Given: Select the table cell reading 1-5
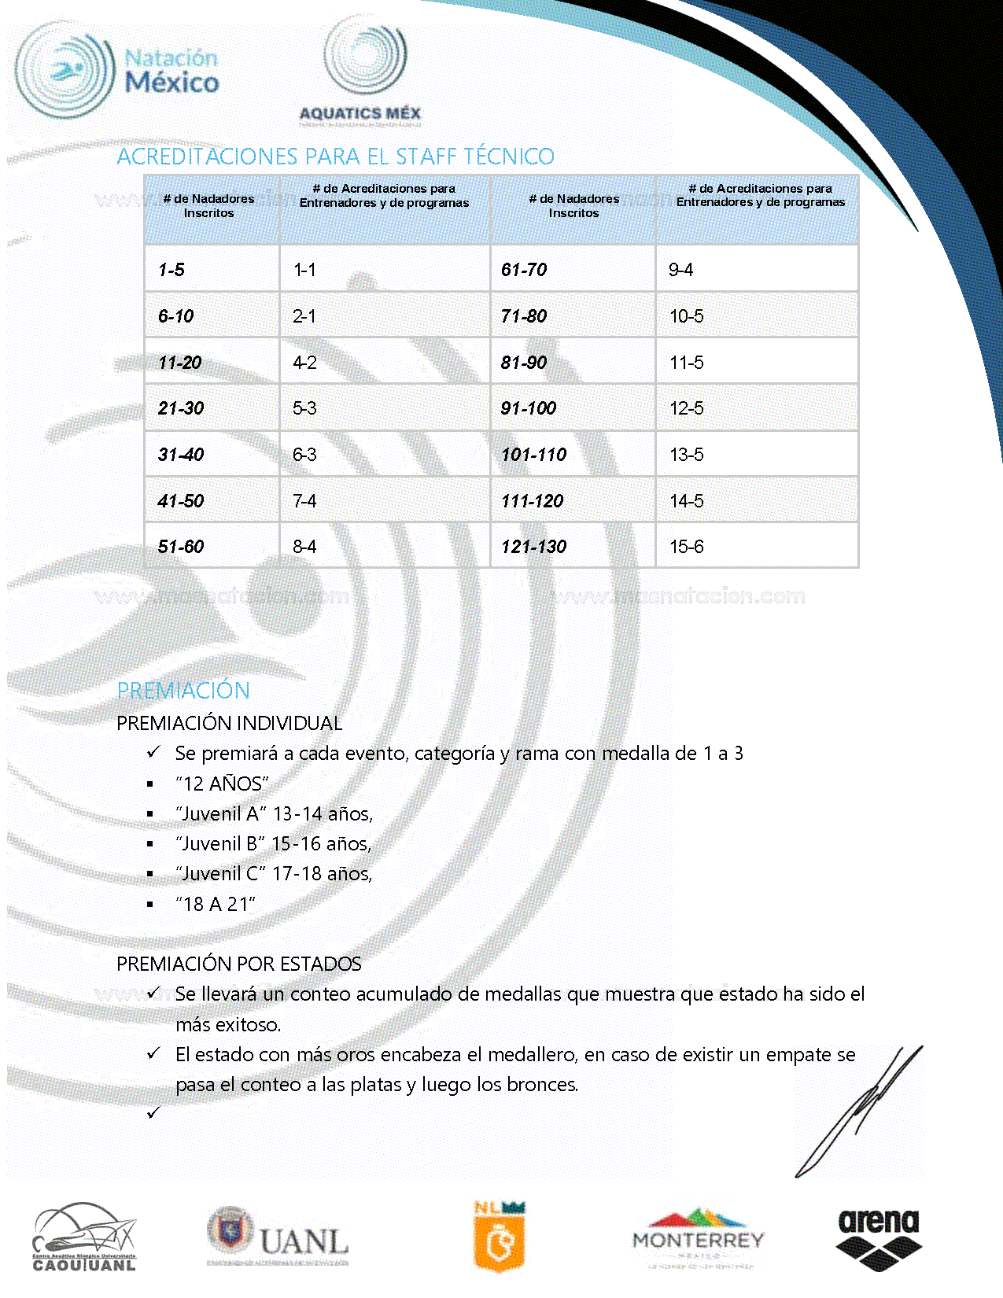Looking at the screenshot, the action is pos(171,270).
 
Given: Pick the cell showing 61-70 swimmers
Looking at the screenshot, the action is pos(524,270).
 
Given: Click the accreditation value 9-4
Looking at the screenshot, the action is pos(680,270).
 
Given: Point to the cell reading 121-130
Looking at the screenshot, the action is pos(533,547).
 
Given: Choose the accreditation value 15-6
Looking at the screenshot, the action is pos(686,547).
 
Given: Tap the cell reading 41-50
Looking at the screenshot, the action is pos(181,501).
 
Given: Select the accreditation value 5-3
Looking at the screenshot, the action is pos(304,408).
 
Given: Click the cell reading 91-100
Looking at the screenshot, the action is pos(529,408).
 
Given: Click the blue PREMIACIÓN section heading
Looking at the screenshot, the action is pos(183,691).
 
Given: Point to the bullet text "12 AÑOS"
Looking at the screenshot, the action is pos(222,784).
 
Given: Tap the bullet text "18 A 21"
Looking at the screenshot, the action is pos(216,905).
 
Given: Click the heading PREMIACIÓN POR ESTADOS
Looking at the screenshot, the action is pos(239,964).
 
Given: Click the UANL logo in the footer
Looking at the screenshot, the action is pos(278,1237).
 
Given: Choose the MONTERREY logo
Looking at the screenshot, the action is pos(698,1237).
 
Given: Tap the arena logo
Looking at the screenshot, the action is pos(878,1237).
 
